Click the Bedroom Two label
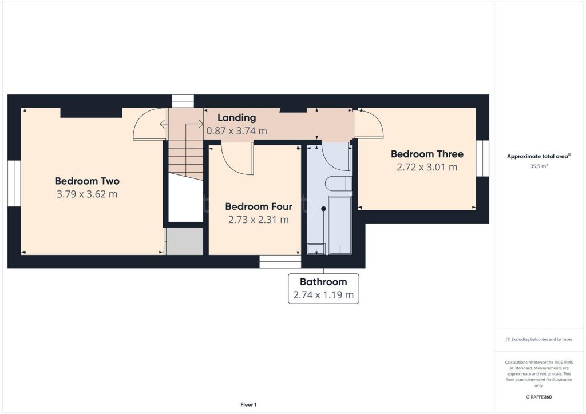[x=87, y=181]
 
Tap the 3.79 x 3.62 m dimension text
[x=87, y=194]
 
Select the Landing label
[x=236, y=118]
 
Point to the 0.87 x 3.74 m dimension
[x=236, y=131]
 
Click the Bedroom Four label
[x=259, y=206]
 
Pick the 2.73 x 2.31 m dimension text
[x=259, y=220]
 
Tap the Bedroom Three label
[x=427, y=154]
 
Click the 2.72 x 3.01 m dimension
[x=427, y=167]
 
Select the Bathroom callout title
[x=323, y=282]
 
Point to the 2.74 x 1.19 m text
[x=323, y=295]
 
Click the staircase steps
[x=186, y=157]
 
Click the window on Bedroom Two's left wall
[x=14, y=184]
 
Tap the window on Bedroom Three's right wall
[x=483, y=157]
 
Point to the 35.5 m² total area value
[x=539, y=167]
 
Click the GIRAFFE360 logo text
[x=539, y=397]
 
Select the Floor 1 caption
[x=248, y=404]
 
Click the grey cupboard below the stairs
[x=185, y=241]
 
